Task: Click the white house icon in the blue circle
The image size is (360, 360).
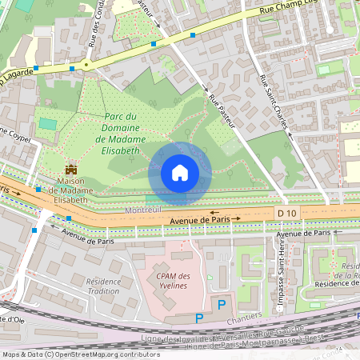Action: tap(180, 173)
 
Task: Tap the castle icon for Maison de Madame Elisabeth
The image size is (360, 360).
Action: tap(71, 170)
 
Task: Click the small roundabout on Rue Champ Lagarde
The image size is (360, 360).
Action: tap(86, 64)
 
